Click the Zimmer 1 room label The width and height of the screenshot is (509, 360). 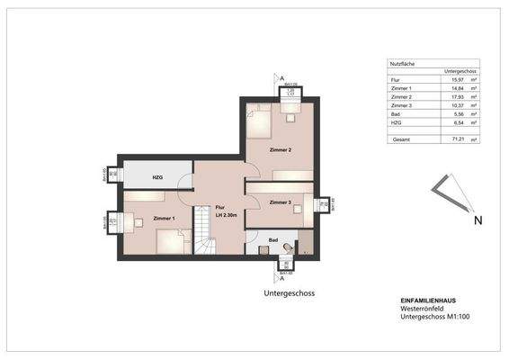point(164,219)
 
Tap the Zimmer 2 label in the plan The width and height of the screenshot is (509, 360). point(281,149)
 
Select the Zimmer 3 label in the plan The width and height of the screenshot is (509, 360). point(281,202)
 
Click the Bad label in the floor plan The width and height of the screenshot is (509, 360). point(273,240)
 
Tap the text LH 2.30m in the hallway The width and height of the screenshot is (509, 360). point(219,213)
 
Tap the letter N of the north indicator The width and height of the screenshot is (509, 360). point(478,220)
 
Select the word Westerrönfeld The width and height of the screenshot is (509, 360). point(423,309)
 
